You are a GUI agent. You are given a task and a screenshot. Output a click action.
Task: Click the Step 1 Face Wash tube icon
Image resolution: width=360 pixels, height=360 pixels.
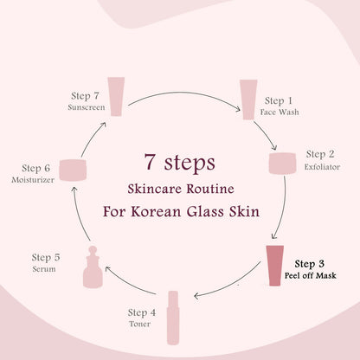pyautogui.click(x=248, y=100)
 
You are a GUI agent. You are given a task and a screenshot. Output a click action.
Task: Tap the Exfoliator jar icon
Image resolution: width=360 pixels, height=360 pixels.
pyautogui.click(x=282, y=164)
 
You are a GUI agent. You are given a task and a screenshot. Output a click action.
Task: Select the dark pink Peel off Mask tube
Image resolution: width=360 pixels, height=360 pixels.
pyautogui.click(x=275, y=266)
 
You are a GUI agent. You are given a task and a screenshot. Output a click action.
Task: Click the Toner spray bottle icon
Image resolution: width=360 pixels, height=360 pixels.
pyautogui.click(x=173, y=318)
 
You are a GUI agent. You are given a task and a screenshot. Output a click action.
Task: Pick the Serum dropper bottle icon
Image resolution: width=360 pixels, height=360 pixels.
pyautogui.click(x=93, y=267)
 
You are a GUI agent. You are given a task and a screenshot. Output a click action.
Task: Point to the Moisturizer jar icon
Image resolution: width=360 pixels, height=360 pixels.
pyautogui.click(x=73, y=170)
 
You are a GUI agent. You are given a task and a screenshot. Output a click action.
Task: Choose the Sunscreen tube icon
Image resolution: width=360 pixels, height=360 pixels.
pyautogui.click(x=116, y=96)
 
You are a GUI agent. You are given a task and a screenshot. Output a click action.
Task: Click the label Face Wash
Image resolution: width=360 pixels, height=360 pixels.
pyautogui.click(x=280, y=112)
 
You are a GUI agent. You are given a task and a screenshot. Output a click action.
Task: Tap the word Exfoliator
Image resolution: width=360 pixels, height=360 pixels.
pyautogui.click(x=322, y=167)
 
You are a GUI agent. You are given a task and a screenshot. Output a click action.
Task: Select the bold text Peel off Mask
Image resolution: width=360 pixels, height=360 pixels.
pyautogui.click(x=311, y=275)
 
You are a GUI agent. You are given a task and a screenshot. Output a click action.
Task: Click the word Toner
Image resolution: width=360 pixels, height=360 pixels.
pyautogui.click(x=139, y=324)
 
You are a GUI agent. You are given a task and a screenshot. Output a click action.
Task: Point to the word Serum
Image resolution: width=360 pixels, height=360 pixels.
pyautogui.click(x=44, y=269)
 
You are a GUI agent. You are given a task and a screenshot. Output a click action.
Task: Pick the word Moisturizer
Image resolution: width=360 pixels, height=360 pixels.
pyautogui.click(x=33, y=180)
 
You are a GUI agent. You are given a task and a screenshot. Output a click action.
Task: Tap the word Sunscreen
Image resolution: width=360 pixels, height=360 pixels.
pyautogui.click(x=87, y=107)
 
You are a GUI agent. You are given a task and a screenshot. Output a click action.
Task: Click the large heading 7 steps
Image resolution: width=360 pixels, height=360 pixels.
pyautogui.click(x=180, y=163)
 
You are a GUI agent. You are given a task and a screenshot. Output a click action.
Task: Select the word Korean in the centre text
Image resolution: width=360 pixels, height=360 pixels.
pyautogui.click(x=156, y=212)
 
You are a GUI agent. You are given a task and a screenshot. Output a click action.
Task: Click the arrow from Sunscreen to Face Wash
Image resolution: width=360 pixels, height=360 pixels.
pyautogui.click(x=184, y=93)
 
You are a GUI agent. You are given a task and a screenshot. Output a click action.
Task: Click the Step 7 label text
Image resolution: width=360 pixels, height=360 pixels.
pyautogui.click(x=85, y=96)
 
